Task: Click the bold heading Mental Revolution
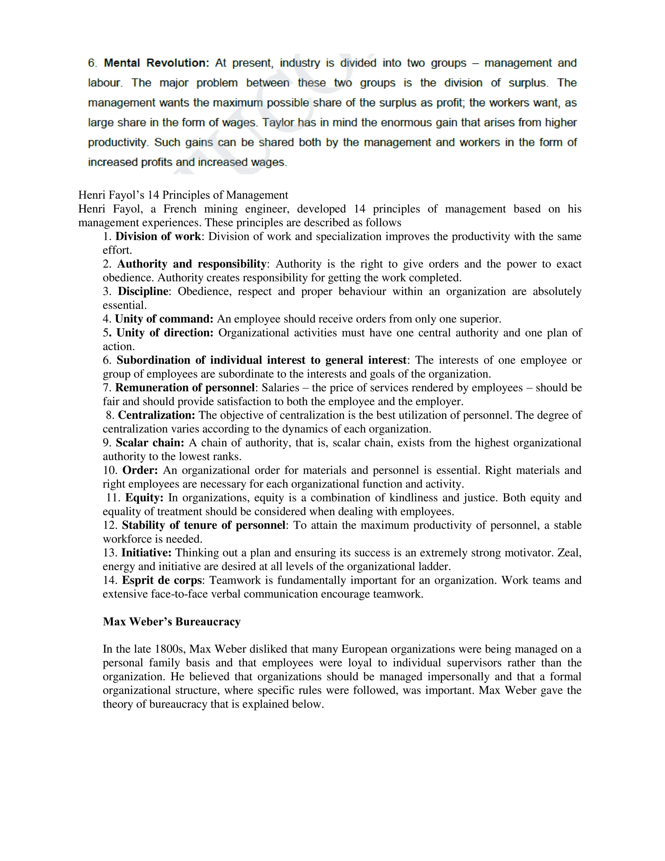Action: tap(157, 63)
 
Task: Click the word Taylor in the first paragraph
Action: tap(278, 122)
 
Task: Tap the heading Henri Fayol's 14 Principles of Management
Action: tap(183, 195)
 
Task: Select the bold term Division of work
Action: tap(158, 237)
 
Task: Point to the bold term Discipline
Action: tap(143, 291)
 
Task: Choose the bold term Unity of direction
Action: tap(165, 333)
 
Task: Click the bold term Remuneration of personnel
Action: tap(185, 388)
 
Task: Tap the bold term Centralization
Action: tap(157, 415)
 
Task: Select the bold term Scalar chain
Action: tap(150, 443)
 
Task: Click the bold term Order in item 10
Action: tap(140, 470)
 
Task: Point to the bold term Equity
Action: tap(144, 497)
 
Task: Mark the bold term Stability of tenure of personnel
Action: tap(203, 525)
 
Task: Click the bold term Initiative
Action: tap(146, 553)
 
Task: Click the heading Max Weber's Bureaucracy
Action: tap(172, 622)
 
